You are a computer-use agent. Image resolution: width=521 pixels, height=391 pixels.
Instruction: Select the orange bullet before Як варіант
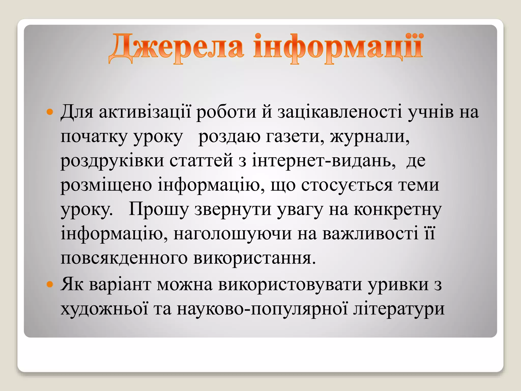tap(50, 284)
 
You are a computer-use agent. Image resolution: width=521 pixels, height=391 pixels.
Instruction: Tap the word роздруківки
tap(112, 161)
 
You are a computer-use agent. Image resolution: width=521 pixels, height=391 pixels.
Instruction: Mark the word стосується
tap(347, 185)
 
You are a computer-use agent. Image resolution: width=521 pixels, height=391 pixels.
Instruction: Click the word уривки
tap(398, 285)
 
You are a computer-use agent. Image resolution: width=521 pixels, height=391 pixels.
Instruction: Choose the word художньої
tap(104, 309)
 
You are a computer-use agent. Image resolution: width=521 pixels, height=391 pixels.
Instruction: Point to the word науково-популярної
tap(262, 309)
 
